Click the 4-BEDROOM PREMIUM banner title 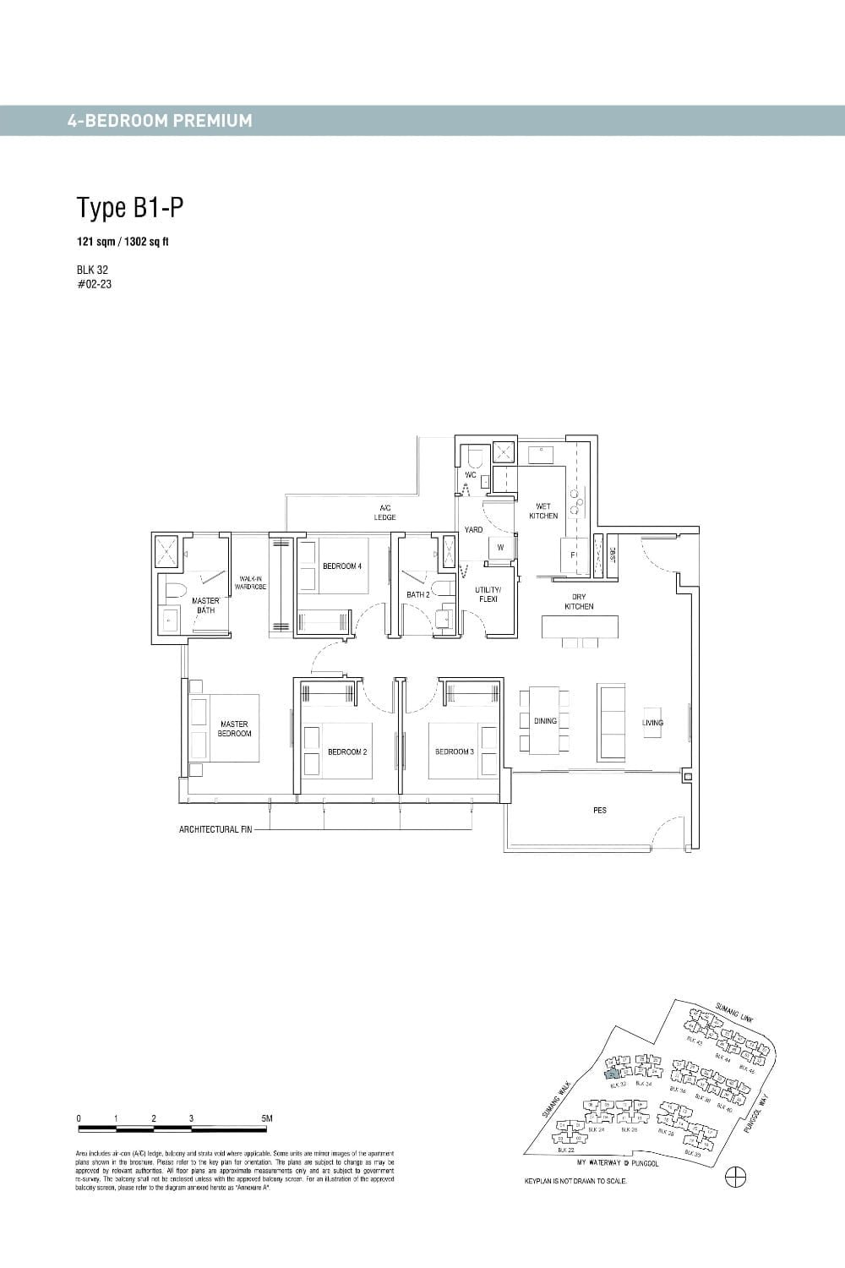coord(160,121)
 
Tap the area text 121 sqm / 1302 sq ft coord(123,242)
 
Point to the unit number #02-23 coord(94,284)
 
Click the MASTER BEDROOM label coord(234,729)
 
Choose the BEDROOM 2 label coord(347,752)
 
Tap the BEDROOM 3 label coord(455,752)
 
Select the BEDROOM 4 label coord(342,566)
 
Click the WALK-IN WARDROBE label coord(251,582)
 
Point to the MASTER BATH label coord(205,605)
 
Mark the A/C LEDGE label coord(385,512)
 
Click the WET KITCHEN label coord(543,511)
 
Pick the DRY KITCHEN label coord(579,602)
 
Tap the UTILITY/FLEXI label coord(488,594)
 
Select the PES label coord(600,810)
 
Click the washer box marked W coord(500,548)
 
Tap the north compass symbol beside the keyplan coord(736,1178)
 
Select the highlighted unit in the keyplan coord(612,1074)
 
